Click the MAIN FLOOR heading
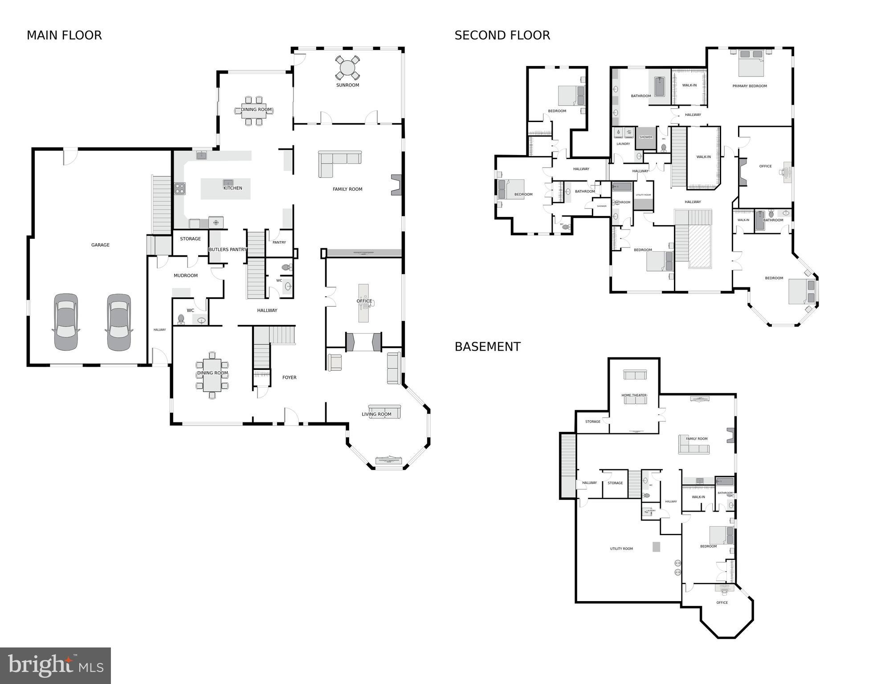coord(64,35)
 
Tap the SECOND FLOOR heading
coord(502,35)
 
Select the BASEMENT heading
coord(487,347)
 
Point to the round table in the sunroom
coord(347,68)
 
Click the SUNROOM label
coord(347,85)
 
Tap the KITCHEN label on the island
coord(232,188)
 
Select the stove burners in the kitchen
coord(180,188)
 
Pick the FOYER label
coord(289,377)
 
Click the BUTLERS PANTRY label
coord(228,250)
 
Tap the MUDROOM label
coord(185,275)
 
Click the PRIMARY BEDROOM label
coord(750,86)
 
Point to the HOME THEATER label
coord(634,395)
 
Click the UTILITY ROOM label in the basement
coord(621,549)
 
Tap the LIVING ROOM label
coord(376,414)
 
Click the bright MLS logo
coord(55,665)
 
